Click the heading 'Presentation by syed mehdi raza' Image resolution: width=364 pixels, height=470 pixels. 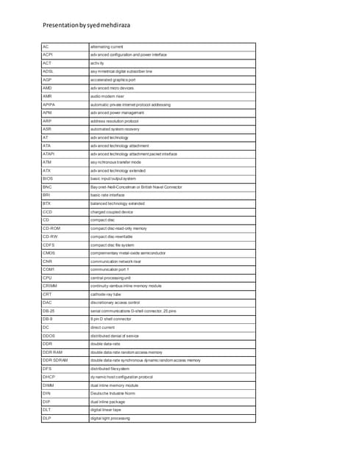tap(86, 26)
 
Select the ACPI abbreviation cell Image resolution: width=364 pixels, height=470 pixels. tap(48, 54)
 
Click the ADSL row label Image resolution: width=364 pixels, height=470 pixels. tap(49, 71)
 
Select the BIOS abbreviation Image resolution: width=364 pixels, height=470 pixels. tap(48, 178)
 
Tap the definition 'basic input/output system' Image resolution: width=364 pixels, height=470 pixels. tap(113, 178)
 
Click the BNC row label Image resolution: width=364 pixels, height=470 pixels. tap(47, 187)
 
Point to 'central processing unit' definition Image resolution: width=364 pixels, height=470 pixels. tap(110, 278)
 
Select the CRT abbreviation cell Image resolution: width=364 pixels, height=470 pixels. tap(47, 294)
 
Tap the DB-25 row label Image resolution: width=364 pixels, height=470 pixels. tap(49, 311)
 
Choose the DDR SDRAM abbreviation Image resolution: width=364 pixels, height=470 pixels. tap(55, 360)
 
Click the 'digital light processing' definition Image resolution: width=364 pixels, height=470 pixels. tap(110, 418)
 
